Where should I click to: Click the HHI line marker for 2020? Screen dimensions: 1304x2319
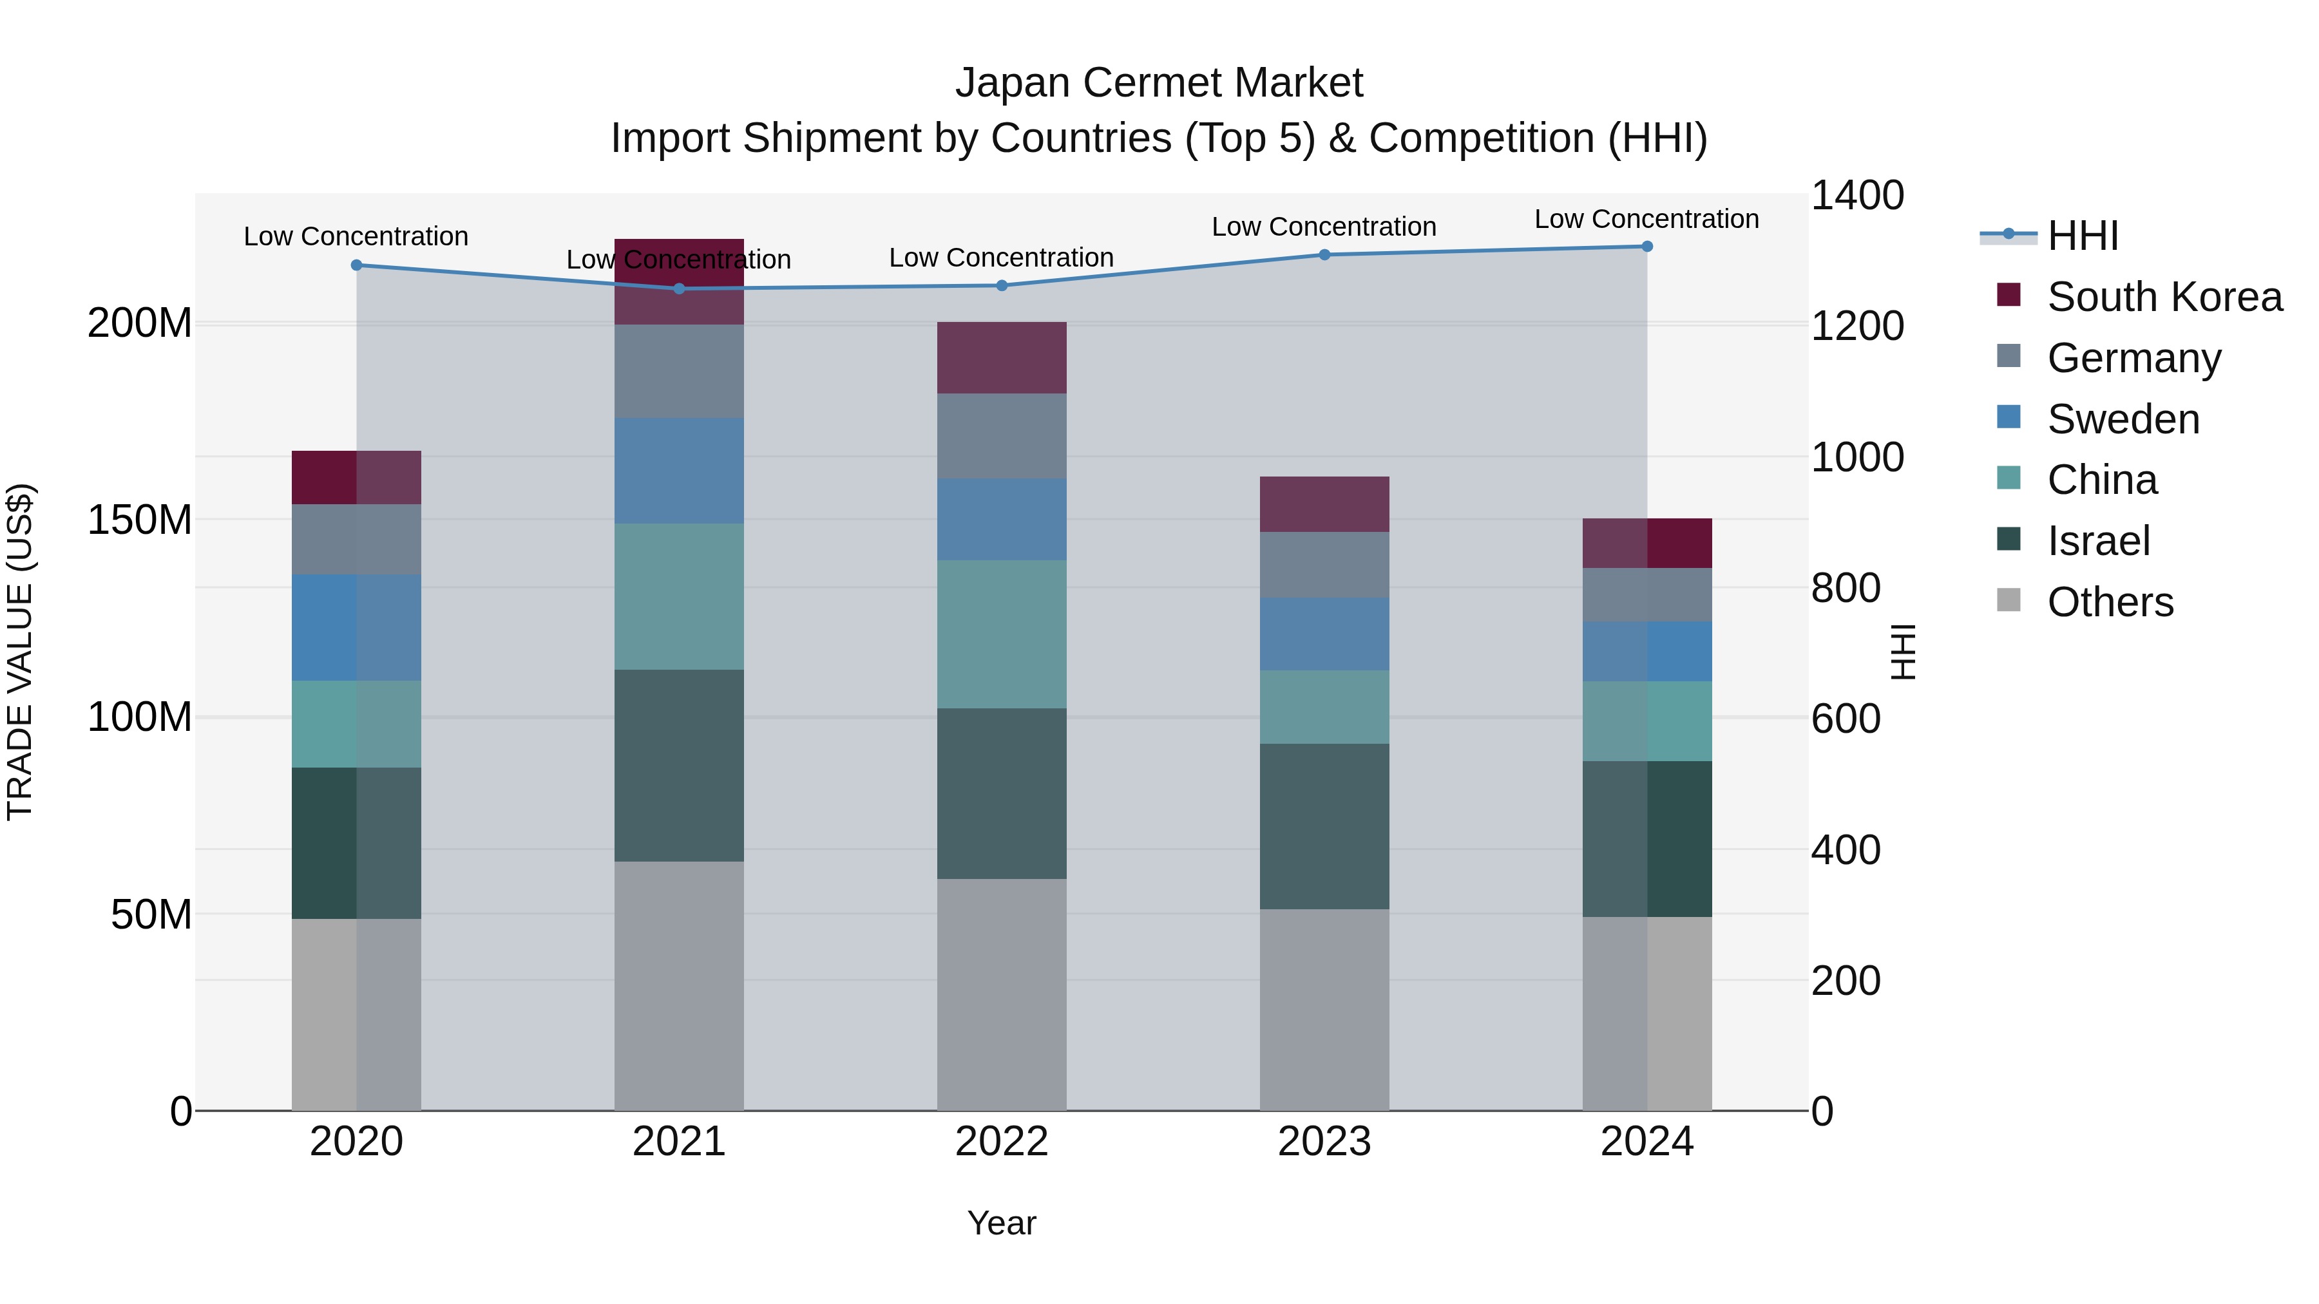click(x=356, y=265)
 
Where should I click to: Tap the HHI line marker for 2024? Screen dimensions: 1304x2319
click(x=1646, y=247)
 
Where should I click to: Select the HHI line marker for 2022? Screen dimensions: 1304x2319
click(x=1002, y=286)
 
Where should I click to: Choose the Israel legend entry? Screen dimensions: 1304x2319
click(x=2097, y=542)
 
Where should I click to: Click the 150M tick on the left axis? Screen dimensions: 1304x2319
click(x=140, y=520)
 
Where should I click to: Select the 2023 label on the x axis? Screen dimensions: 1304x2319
click(x=1324, y=1142)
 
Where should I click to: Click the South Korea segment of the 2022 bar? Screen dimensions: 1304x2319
click(x=1002, y=357)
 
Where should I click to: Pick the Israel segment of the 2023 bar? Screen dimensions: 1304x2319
click(x=1324, y=826)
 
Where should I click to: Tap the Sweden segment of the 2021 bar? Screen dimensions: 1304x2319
click(x=679, y=471)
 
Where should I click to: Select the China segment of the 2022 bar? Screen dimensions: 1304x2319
click(x=1002, y=634)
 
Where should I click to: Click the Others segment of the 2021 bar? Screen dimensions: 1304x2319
click(x=679, y=985)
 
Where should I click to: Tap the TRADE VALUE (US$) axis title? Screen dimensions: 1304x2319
click(x=20, y=652)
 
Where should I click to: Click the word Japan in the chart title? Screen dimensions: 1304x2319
click(x=1014, y=83)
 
